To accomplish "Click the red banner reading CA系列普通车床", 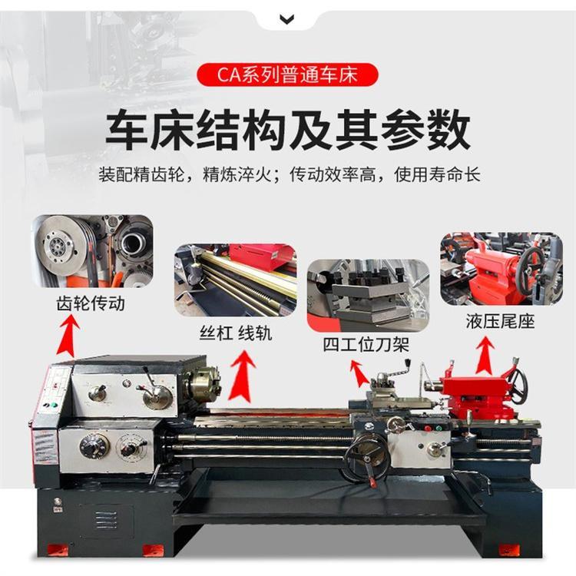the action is pyautogui.click(x=287, y=75).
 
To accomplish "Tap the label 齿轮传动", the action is pyautogui.click(x=91, y=303).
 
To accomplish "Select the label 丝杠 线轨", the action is pyautogui.click(x=236, y=333).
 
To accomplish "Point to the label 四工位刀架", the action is pyautogui.click(x=366, y=345).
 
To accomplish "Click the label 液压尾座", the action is pyautogui.click(x=500, y=322).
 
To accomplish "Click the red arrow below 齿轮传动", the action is pyautogui.click(x=68, y=336).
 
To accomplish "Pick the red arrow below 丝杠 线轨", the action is pyautogui.click(x=242, y=375).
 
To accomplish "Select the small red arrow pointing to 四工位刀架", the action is pyautogui.click(x=359, y=373).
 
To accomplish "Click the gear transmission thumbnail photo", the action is pyautogui.click(x=92, y=251).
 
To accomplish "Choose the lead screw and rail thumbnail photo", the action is pyautogui.click(x=236, y=280).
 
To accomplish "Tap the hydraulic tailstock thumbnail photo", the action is pyautogui.click(x=502, y=269).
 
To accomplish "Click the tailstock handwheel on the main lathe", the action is pyautogui.click(x=518, y=386).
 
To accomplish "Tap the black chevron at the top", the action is pyautogui.click(x=287, y=19).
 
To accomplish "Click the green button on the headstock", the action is pyautogui.click(x=54, y=405).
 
